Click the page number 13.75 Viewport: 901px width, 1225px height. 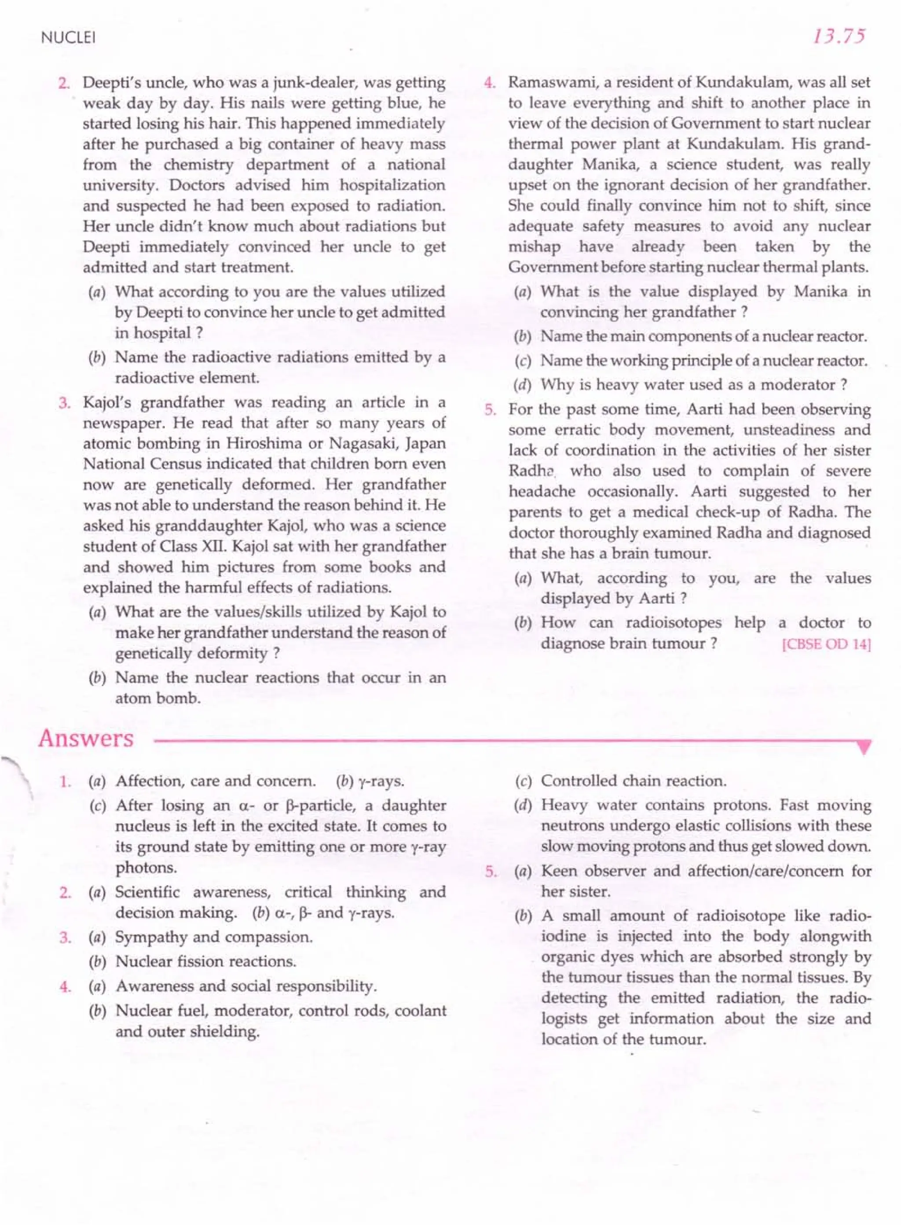(x=838, y=37)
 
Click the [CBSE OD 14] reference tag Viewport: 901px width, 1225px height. (x=826, y=644)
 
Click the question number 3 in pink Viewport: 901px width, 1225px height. (x=64, y=403)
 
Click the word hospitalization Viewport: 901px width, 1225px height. (x=392, y=185)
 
